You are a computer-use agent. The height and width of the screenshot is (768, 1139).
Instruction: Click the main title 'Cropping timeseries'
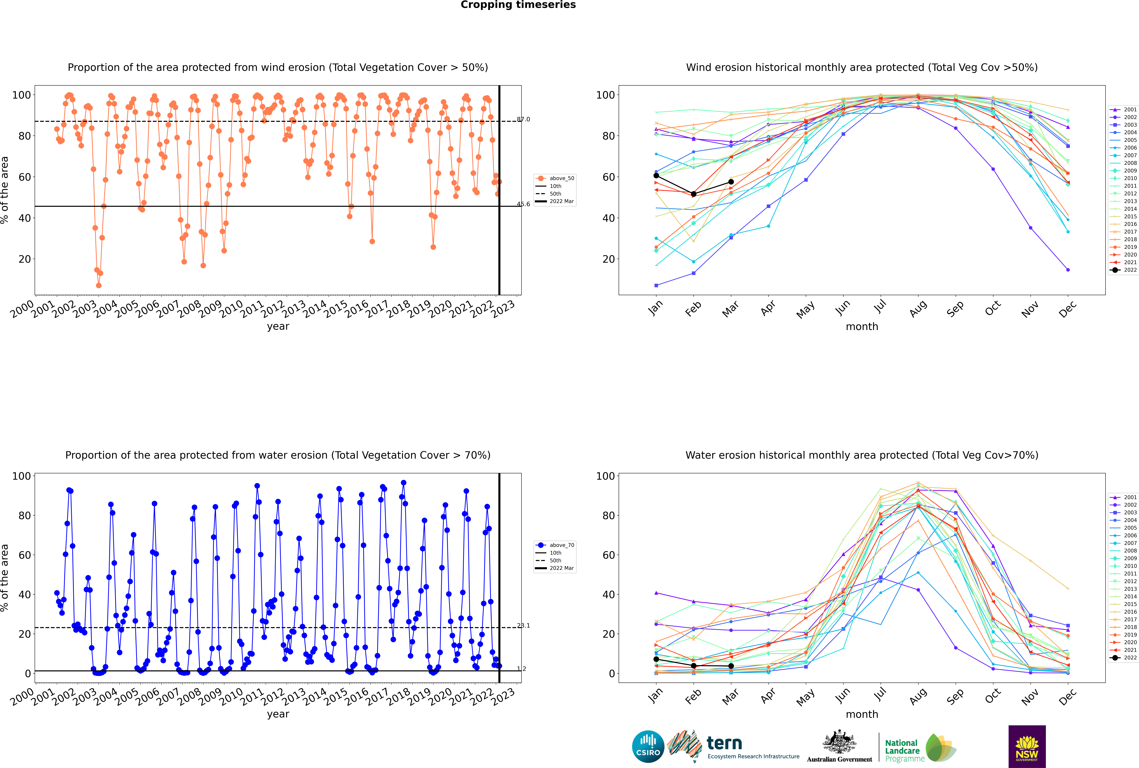pyautogui.click(x=518, y=5)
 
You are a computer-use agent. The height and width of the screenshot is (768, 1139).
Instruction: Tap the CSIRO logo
pyautogui.click(x=648, y=746)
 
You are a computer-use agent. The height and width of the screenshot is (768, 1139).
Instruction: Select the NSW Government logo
pyautogui.click(x=1027, y=746)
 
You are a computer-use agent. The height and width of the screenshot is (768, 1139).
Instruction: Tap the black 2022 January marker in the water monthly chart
pyautogui.click(x=656, y=659)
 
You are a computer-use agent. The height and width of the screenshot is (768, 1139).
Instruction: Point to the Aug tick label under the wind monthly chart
pyautogui.click(x=917, y=309)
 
